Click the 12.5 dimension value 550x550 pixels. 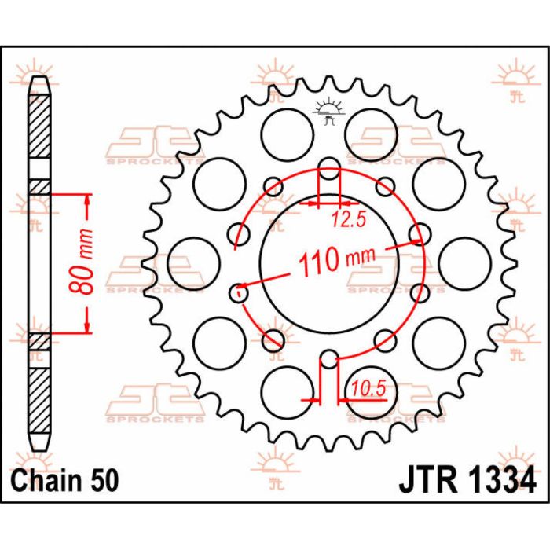[348, 221]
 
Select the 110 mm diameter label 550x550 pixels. [331, 258]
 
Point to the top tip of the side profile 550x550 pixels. [39, 78]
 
